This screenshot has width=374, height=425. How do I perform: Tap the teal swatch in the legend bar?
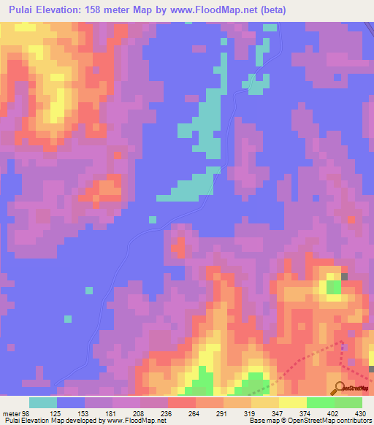[x=43, y=402]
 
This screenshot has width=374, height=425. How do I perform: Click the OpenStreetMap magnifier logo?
[x=340, y=387]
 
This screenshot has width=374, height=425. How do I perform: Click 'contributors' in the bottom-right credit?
[x=351, y=421]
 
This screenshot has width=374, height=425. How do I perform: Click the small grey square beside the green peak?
[x=345, y=277]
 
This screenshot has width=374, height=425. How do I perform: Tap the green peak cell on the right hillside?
[x=334, y=286]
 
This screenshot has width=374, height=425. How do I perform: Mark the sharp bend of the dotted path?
[x=342, y=341]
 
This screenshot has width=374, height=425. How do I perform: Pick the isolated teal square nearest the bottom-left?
[x=68, y=319]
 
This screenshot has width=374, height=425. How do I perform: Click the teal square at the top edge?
[x=270, y=28]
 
